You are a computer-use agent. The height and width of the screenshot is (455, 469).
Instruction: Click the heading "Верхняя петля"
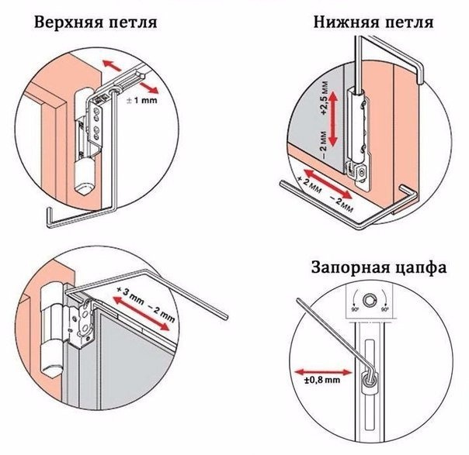pyautogui.click(x=96, y=22)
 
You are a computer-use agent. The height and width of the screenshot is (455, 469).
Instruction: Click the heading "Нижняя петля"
pyautogui.click(x=373, y=21)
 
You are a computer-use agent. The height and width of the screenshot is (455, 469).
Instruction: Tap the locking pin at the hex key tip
pyautogui.click(x=367, y=377)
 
